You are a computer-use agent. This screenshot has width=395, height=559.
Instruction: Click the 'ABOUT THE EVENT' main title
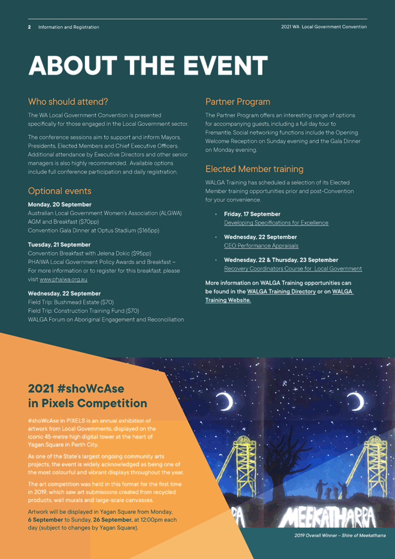point(149,66)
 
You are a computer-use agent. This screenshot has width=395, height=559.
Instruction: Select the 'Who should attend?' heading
point(68,101)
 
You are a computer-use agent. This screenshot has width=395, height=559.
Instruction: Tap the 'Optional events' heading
point(60,191)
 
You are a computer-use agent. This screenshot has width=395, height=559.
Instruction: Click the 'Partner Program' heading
point(238,101)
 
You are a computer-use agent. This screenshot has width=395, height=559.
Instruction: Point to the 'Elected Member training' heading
point(254,169)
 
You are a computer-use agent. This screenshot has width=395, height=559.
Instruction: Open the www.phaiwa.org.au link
point(64,279)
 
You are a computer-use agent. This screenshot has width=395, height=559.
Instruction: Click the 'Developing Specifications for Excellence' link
point(276,222)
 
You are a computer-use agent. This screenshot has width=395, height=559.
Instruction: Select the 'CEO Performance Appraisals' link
point(261,245)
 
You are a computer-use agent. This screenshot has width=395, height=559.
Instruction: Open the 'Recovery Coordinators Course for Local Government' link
point(293,269)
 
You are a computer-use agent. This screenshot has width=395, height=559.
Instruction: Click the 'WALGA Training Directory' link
point(281,291)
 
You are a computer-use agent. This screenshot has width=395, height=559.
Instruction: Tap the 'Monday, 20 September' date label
point(60,205)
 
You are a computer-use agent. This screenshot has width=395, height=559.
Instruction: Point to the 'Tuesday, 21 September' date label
point(59,244)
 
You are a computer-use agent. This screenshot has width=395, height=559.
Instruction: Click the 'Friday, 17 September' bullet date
point(252,214)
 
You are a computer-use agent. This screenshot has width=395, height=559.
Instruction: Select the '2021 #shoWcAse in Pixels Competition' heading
point(88,396)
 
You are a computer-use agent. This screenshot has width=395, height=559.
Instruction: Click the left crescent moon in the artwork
point(225,401)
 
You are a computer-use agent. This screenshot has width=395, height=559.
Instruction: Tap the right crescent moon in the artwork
point(355,401)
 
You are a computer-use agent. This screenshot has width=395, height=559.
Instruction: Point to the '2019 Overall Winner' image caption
point(340,536)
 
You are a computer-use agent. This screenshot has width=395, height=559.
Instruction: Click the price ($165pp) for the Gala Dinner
point(146,231)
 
